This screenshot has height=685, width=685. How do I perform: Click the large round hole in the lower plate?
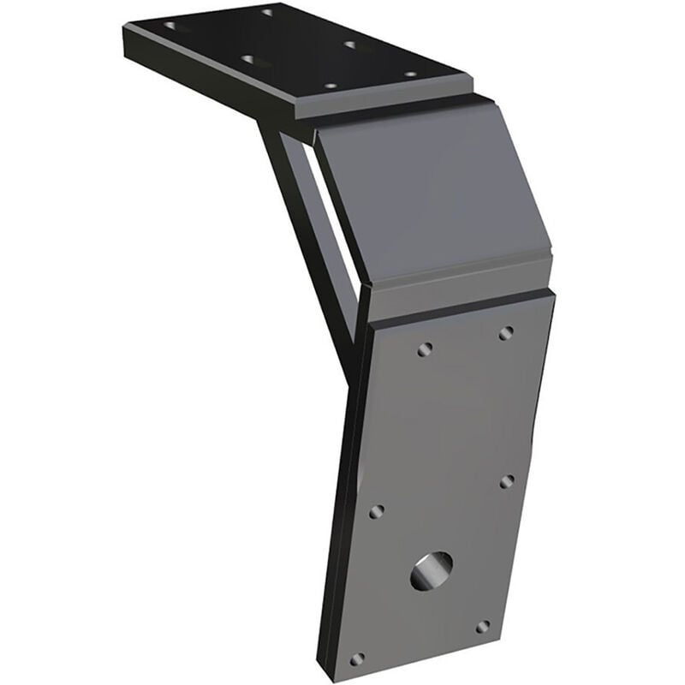click(x=432, y=571)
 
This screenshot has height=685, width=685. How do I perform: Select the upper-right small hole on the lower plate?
click(x=506, y=332)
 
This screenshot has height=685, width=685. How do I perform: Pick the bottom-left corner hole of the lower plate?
click(x=357, y=658)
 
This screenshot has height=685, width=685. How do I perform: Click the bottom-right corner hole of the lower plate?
click(x=483, y=627)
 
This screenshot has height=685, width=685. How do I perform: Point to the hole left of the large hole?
click(x=376, y=511)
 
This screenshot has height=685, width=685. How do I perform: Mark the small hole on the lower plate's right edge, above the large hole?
click(x=506, y=481)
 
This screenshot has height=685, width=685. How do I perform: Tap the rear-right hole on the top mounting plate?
click(x=268, y=12)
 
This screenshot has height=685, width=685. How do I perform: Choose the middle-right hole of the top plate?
click(x=350, y=44)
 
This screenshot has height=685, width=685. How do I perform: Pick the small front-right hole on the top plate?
click(x=410, y=74)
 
